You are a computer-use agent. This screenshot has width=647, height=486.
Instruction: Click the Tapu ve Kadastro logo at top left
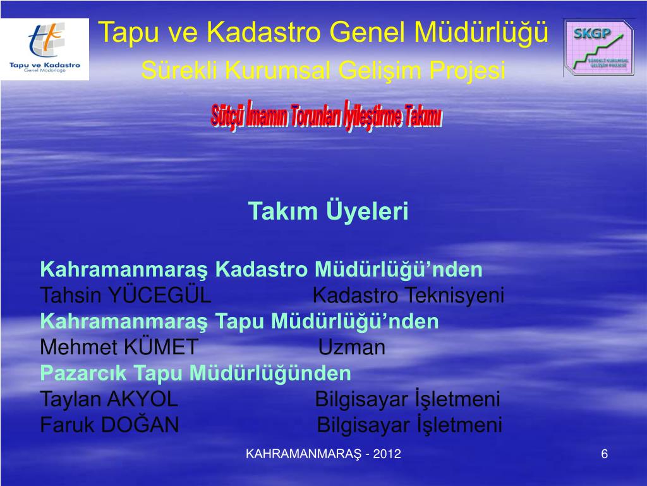[x=45, y=49]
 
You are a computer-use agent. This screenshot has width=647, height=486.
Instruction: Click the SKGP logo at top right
[x=598, y=47]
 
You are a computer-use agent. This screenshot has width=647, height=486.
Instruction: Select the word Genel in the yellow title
[x=368, y=32]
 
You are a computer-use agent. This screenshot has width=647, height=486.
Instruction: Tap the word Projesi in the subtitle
[x=468, y=70]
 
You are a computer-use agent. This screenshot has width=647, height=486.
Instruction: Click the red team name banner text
[x=327, y=116]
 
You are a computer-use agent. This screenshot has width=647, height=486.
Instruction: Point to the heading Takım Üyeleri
[x=328, y=211]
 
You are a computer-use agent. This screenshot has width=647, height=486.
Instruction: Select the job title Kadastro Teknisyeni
[x=408, y=296]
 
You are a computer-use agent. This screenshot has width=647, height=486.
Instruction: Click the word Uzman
[x=351, y=347]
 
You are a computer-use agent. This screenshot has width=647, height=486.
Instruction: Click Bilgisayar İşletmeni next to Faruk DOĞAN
[x=409, y=425]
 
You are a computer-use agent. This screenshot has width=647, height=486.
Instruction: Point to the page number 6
[x=605, y=454]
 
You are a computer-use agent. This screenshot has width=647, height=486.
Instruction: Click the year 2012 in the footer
[x=387, y=454]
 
